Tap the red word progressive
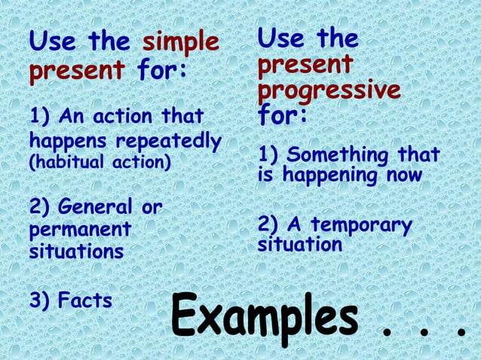pyautogui.click(x=329, y=91)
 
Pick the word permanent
pyautogui.click(x=80, y=228)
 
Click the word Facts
pyautogui.click(x=85, y=301)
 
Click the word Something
pyautogui.click(x=337, y=155)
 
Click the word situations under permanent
pyautogui.click(x=75, y=251)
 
